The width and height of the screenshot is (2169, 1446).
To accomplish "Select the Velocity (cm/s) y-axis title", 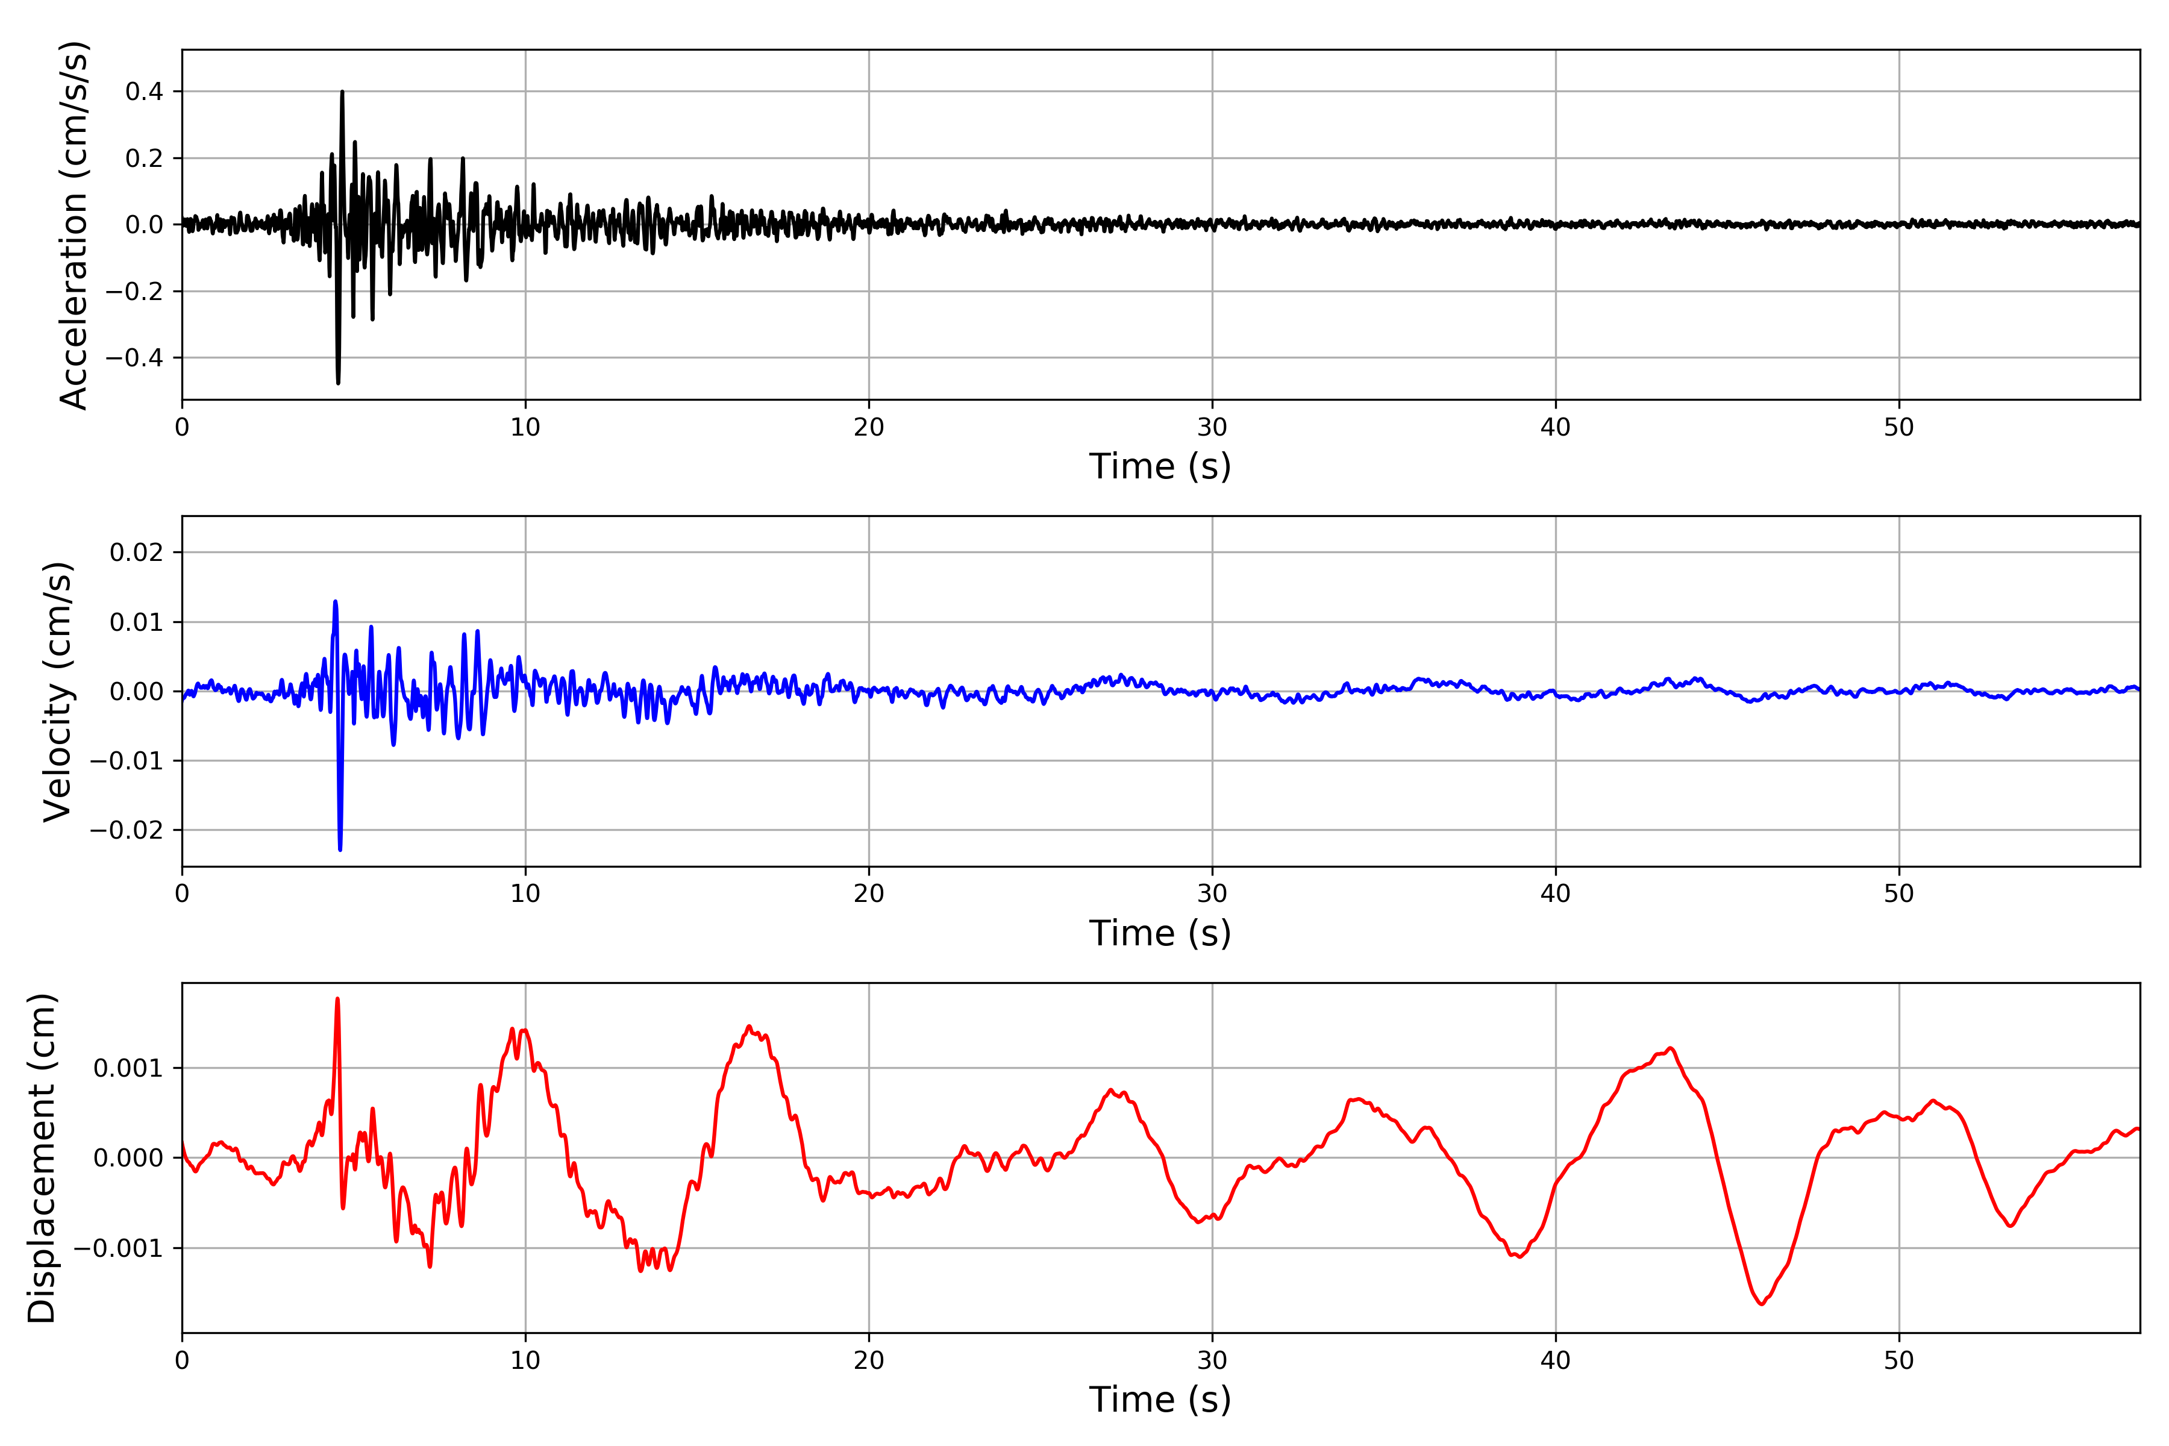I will click(58, 692).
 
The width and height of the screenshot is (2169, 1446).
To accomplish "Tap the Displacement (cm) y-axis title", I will click(42, 1158).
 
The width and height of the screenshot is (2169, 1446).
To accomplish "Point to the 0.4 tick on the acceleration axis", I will click(144, 92).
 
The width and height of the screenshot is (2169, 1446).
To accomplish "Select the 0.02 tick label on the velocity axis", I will click(137, 552).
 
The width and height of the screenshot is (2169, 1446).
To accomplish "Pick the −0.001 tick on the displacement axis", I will click(118, 1248).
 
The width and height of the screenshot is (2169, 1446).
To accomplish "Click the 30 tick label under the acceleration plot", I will click(1212, 427).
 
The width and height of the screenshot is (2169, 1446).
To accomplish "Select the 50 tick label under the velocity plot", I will click(1899, 894).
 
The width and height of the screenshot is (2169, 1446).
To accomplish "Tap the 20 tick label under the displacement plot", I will click(869, 1360).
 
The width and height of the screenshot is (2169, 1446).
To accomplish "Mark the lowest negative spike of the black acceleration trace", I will click(339, 382).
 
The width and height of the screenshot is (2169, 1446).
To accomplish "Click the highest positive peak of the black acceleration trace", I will click(342, 92).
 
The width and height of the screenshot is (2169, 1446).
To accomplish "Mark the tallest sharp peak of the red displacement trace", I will click(337, 999).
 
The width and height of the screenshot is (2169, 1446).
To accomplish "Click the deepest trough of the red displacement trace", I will click(1761, 1304).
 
